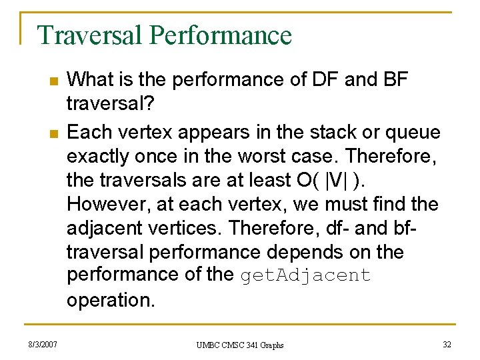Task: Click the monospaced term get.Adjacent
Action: (x=305, y=276)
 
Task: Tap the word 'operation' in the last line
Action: (x=110, y=300)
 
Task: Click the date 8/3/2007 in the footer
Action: (x=44, y=344)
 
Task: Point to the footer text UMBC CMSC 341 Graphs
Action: (x=240, y=345)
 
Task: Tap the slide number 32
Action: (x=447, y=344)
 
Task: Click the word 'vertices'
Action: (x=188, y=228)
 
